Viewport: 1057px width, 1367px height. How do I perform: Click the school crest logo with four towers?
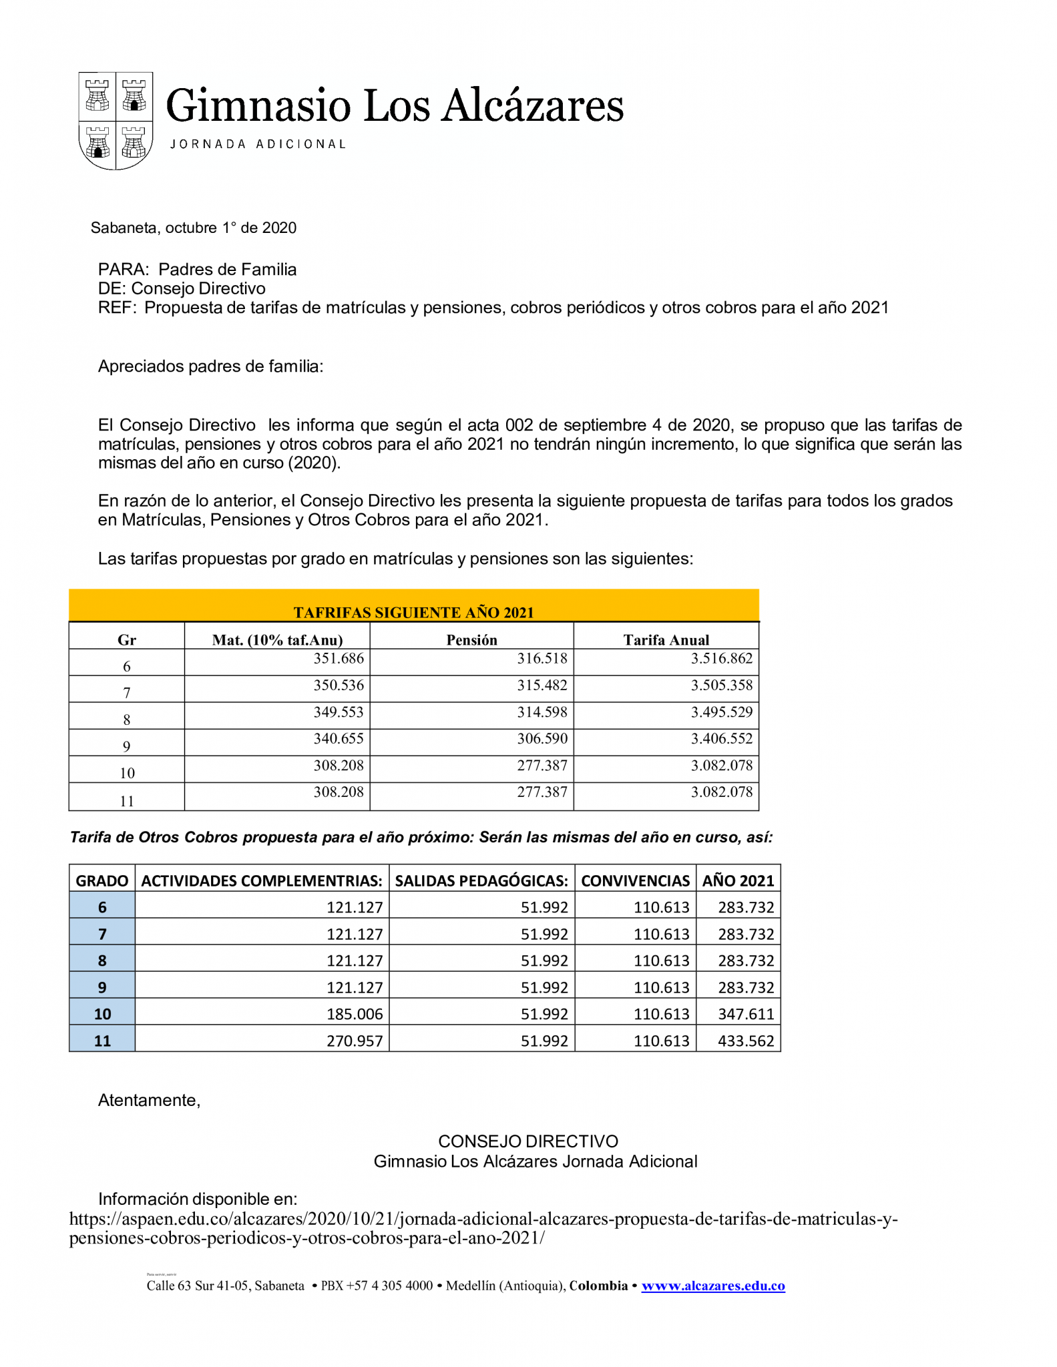pos(116,121)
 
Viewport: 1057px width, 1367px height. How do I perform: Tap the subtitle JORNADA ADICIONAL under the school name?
pos(258,144)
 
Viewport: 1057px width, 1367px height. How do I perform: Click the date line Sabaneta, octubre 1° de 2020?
pos(194,228)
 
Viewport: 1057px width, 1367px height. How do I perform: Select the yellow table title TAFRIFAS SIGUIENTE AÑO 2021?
pos(413,612)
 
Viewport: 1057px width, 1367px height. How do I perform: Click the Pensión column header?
pos(471,640)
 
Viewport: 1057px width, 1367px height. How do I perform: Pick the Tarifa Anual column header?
pos(666,640)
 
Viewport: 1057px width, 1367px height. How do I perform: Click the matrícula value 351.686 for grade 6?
pos(339,659)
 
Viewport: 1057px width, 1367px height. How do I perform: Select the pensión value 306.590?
pos(542,739)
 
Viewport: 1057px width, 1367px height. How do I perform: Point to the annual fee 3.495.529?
pos(721,712)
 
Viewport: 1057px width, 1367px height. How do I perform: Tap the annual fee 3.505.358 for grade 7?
pos(721,686)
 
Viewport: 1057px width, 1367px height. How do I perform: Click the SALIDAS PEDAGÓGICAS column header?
pos(481,880)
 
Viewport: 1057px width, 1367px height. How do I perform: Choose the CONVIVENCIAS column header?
pos(635,880)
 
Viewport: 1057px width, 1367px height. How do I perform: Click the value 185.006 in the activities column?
pos(355,1015)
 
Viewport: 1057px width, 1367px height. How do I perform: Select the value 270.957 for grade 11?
pos(355,1041)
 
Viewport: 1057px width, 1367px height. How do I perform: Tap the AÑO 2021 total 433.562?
pos(746,1041)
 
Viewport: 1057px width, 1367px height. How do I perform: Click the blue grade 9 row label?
pos(102,988)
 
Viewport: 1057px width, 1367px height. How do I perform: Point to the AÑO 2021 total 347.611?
pos(746,1015)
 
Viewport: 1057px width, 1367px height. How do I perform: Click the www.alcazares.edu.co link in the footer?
pos(713,1286)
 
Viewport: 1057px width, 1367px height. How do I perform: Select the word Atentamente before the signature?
pos(149,1101)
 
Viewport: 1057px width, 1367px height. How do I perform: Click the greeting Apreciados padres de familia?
pos(210,366)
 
